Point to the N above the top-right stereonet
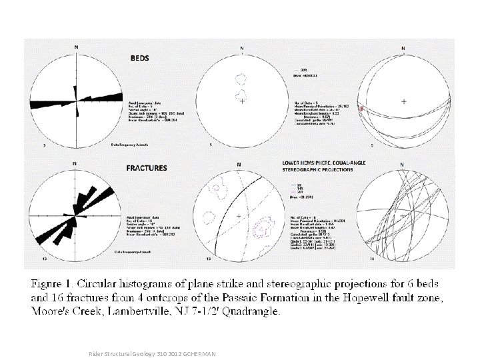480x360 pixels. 402,48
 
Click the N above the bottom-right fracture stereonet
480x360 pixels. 402,165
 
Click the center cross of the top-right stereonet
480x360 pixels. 402,100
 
